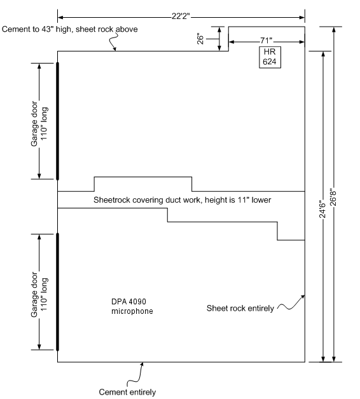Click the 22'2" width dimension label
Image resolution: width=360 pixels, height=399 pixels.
click(181, 17)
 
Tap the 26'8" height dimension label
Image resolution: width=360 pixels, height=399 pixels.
click(333, 197)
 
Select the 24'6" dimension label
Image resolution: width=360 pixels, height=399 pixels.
click(322, 210)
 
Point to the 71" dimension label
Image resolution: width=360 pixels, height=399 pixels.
click(267, 40)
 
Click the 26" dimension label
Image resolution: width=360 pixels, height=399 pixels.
click(200, 39)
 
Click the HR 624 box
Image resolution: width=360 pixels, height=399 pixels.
click(270, 57)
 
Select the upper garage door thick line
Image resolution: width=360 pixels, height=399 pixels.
click(58, 121)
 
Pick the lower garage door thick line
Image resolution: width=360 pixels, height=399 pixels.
click(58, 292)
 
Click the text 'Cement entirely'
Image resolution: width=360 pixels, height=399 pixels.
click(127, 392)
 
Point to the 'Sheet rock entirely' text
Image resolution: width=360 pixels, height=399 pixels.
click(240, 308)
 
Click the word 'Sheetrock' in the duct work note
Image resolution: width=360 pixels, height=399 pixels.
click(109, 200)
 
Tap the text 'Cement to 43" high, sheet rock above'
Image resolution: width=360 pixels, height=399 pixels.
click(69, 29)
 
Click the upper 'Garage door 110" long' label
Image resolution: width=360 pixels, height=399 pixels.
click(39, 124)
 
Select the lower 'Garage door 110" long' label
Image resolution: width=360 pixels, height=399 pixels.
click(39, 295)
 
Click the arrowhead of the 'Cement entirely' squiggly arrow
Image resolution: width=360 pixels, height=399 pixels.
click(142, 364)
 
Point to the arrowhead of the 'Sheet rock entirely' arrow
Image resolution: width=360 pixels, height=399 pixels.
click(303, 296)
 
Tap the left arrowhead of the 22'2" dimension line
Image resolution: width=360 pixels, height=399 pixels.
click(60, 17)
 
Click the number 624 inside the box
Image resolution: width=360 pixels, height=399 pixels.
click(270, 62)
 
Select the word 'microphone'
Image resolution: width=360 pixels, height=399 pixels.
click(132, 311)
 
